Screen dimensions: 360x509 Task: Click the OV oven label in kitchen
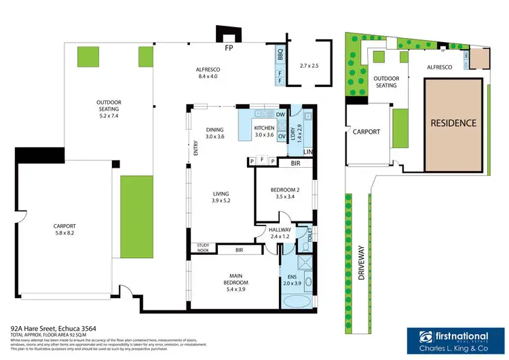[x=280, y=136]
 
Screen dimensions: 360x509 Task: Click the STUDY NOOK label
[x=203, y=248]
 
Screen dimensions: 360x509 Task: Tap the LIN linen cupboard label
[x=307, y=151]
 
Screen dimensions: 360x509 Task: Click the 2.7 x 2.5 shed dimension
[x=309, y=66]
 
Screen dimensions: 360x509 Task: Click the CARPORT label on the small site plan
[x=366, y=132]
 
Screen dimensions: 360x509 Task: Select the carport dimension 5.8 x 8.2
[x=65, y=233]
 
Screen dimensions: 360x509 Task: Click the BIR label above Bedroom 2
[x=295, y=164]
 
